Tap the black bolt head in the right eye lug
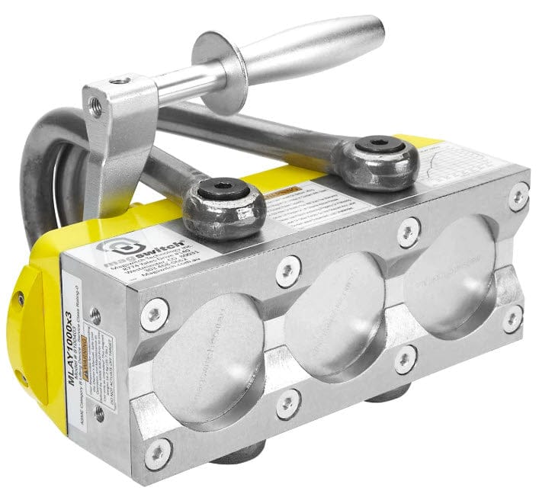coord(379,146)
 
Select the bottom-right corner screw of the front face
coord(512,319)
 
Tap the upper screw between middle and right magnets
coord(408,229)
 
